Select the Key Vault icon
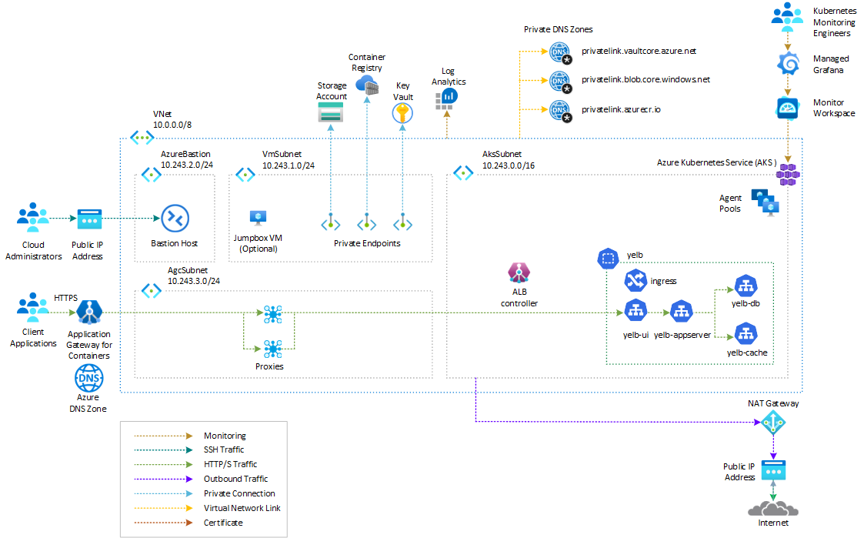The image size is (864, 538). click(x=402, y=113)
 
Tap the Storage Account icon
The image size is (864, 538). click(x=332, y=113)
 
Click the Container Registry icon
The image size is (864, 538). click(x=367, y=85)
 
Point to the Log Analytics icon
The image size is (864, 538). click(x=446, y=97)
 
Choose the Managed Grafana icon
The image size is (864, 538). click(x=788, y=65)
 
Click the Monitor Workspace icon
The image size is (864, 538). click(x=788, y=109)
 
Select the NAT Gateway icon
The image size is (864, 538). click(x=772, y=423)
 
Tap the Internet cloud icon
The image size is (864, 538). click(x=772, y=507)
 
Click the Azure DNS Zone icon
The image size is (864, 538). click(x=88, y=378)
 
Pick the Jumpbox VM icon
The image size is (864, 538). click(x=256, y=218)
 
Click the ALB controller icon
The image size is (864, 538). click(x=519, y=272)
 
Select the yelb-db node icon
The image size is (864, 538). click(x=746, y=286)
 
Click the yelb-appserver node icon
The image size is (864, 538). click(x=680, y=312)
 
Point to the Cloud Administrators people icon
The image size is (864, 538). click(x=32, y=217)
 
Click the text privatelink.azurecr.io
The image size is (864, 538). click(x=621, y=109)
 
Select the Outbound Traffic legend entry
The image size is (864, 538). click(x=235, y=479)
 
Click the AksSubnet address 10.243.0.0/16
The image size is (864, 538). click(x=509, y=165)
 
